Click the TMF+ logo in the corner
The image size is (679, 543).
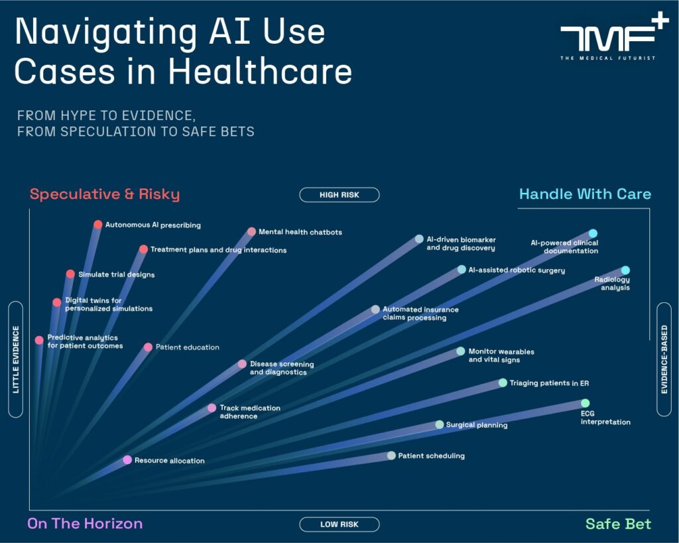coord(607,41)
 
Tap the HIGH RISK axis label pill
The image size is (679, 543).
coord(339,195)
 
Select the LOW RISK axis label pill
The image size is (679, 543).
coord(339,524)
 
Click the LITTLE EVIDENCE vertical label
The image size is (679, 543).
coord(16,359)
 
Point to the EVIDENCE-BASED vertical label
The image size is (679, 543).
coord(664,359)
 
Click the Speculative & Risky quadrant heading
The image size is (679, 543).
coord(105,194)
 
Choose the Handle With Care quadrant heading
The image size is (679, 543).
coord(585,194)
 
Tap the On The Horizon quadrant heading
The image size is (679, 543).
coord(85,524)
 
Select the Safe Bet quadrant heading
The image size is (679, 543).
coord(618,524)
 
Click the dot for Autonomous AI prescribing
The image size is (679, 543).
coord(98,225)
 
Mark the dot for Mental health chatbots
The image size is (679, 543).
coord(251,232)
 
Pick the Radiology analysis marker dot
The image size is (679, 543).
coord(625,270)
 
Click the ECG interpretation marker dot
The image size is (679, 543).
coord(585,403)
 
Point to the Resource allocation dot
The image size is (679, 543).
coord(127,459)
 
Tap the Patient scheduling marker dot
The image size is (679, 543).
coord(391,455)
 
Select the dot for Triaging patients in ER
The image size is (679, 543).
coord(503,383)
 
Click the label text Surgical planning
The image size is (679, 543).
coord(477,425)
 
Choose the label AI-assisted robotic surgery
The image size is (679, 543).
coord(517,271)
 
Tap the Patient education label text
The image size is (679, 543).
coord(187,347)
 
